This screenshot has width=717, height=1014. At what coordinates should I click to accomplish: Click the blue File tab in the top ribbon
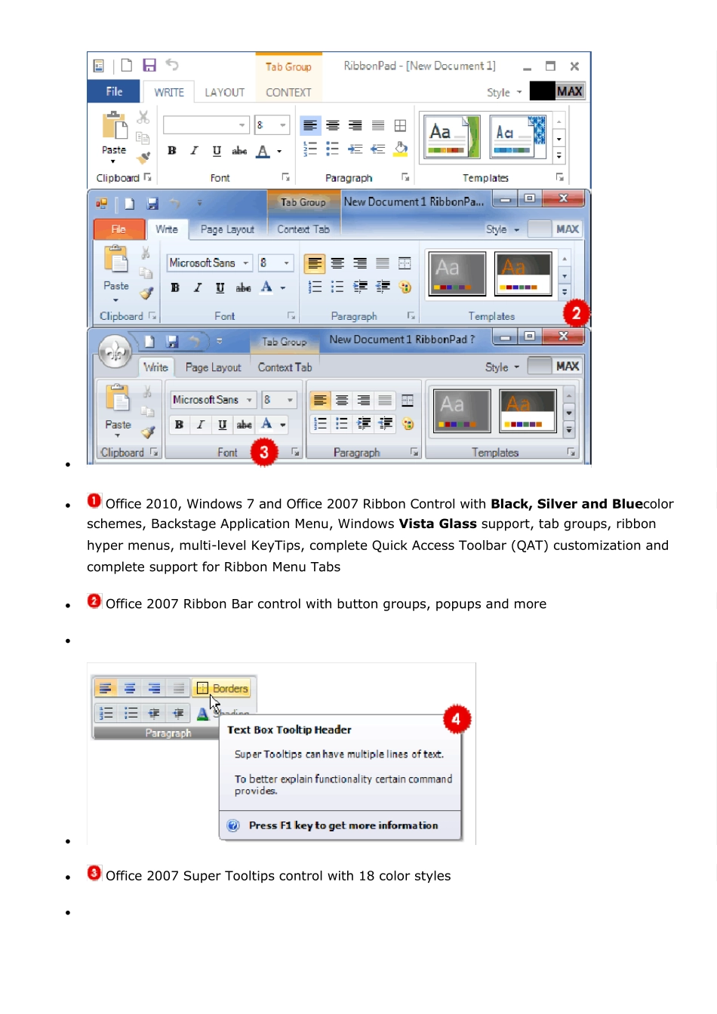pyautogui.click(x=114, y=91)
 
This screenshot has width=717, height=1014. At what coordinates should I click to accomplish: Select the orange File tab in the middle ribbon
pyautogui.click(x=118, y=229)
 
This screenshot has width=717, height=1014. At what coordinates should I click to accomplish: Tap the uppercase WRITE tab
pyautogui.click(x=169, y=92)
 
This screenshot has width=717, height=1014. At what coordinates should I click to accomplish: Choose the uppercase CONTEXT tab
pyautogui.click(x=288, y=92)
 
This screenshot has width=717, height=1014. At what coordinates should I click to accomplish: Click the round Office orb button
pyautogui.click(x=115, y=351)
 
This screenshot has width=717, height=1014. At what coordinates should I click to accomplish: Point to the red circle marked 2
pyautogui.click(x=576, y=313)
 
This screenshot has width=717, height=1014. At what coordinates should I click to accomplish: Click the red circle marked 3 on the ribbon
pyautogui.click(x=263, y=452)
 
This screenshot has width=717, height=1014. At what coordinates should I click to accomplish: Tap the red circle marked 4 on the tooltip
pyautogui.click(x=457, y=719)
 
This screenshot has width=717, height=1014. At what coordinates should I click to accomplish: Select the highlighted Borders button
pyautogui.click(x=223, y=688)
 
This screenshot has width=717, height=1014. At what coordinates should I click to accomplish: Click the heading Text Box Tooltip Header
pyautogui.click(x=289, y=730)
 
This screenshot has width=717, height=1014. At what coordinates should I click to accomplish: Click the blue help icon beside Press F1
pyautogui.click(x=233, y=825)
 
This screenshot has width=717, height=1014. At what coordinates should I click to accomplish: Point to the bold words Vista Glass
pyautogui.click(x=438, y=524)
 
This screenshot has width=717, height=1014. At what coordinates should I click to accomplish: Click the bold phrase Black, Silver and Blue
pyautogui.click(x=566, y=503)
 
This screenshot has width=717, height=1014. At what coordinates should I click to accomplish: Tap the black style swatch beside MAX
pyautogui.click(x=542, y=91)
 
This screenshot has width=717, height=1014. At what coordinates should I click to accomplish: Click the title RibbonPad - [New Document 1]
pyautogui.click(x=420, y=66)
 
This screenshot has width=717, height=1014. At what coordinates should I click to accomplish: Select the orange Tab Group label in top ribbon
pyautogui.click(x=288, y=66)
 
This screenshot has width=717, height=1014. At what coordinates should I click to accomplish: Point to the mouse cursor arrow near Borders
pyautogui.click(x=214, y=704)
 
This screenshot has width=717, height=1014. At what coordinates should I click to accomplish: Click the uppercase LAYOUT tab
pyautogui.click(x=225, y=92)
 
